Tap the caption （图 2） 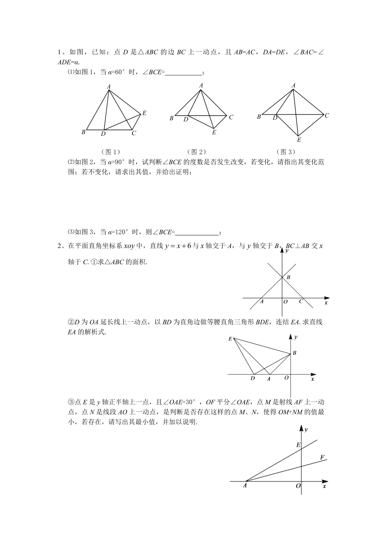click(196, 152)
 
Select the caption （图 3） click(286, 152)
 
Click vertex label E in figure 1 click(144, 113)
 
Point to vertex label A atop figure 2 click(201, 85)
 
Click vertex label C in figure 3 click(327, 116)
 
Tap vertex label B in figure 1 click(83, 132)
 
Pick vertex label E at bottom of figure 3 click(299, 140)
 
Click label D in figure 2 click(186, 119)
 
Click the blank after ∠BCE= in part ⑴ click(183, 73)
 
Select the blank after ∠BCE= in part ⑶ click(197, 232)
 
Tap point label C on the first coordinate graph click(301, 302)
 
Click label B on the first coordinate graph click(289, 277)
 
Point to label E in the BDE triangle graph click(230, 339)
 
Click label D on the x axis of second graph click(253, 378)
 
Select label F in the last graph click(322, 457)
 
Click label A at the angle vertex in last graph click(245, 486)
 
